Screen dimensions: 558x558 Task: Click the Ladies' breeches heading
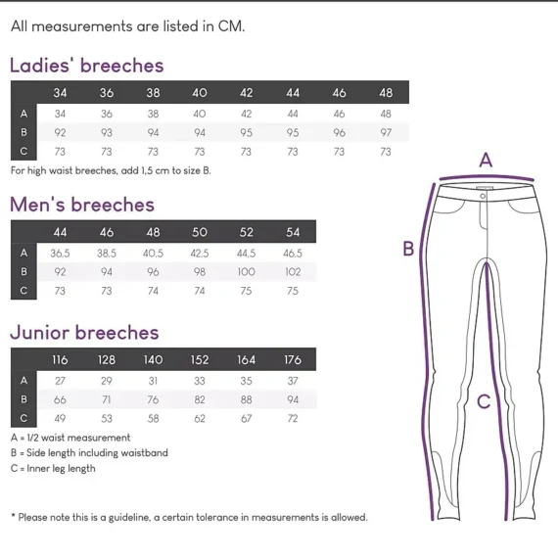87,66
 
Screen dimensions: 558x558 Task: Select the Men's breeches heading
82,205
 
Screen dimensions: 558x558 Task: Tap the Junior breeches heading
84,333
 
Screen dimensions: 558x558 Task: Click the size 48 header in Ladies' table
386,93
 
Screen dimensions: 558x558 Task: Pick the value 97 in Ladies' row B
386,133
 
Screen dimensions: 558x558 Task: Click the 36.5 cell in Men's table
60,254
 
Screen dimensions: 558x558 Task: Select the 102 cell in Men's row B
293,272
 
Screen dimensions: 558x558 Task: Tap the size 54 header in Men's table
293,232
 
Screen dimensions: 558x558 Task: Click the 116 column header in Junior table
60,360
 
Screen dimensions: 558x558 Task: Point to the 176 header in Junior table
293,360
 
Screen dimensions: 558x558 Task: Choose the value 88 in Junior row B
247,399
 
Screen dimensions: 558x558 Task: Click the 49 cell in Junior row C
60,419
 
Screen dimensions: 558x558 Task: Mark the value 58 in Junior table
153,419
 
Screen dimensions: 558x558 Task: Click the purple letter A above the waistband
486,160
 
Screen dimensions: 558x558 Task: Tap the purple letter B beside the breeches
408,249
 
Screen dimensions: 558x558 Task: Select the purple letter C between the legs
484,401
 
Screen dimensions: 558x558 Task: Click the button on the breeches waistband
483,196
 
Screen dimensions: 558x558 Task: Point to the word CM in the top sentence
231,26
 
